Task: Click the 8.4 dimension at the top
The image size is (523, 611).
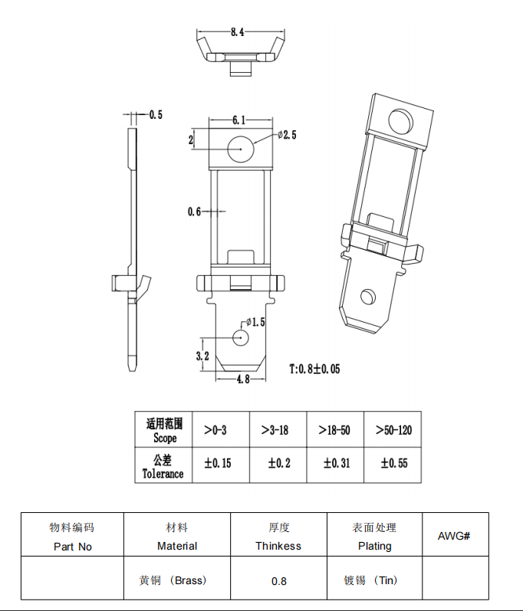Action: pos(237,32)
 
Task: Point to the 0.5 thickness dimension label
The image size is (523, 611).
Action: pos(156,115)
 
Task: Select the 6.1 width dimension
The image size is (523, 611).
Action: pos(238,120)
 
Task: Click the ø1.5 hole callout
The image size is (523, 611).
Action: pos(255,323)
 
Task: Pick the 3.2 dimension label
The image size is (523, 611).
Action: pos(202,356)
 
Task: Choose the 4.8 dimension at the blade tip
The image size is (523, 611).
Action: pos(242,379)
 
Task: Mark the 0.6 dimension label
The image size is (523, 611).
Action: pos(194,212)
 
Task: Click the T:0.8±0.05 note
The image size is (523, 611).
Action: pos(314,369)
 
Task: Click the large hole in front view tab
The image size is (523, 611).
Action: pos(240,148)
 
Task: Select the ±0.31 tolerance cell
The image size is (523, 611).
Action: pos(335,464)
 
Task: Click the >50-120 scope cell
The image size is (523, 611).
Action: pos(393,430)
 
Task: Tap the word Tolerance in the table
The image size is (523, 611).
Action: pos(163,474)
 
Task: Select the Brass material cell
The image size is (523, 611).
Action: pos(177,580)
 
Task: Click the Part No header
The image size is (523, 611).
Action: pos(73,547)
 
